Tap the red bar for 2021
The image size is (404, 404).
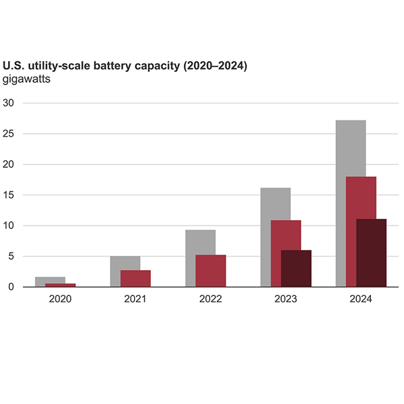(135, 278)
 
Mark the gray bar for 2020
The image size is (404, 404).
(50, 279)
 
